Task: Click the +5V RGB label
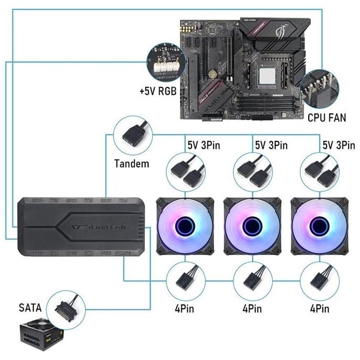pyautogui.click(x=157, y=91)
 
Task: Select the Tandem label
pyautogui.click(x=131, y=164)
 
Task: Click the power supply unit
pyautogui.click(x=40, y=335)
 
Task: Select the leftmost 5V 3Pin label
pyautogui.click(x=201, y=144)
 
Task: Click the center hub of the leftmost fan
pyautogui.click(x=184, y=226)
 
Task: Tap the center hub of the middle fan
pyautogui.click(x=251, y=226)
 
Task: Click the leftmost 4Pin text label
pyautogui.click(x=184, y=309)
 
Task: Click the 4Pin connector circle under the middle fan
pyautogui.click(x=251, y=279)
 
